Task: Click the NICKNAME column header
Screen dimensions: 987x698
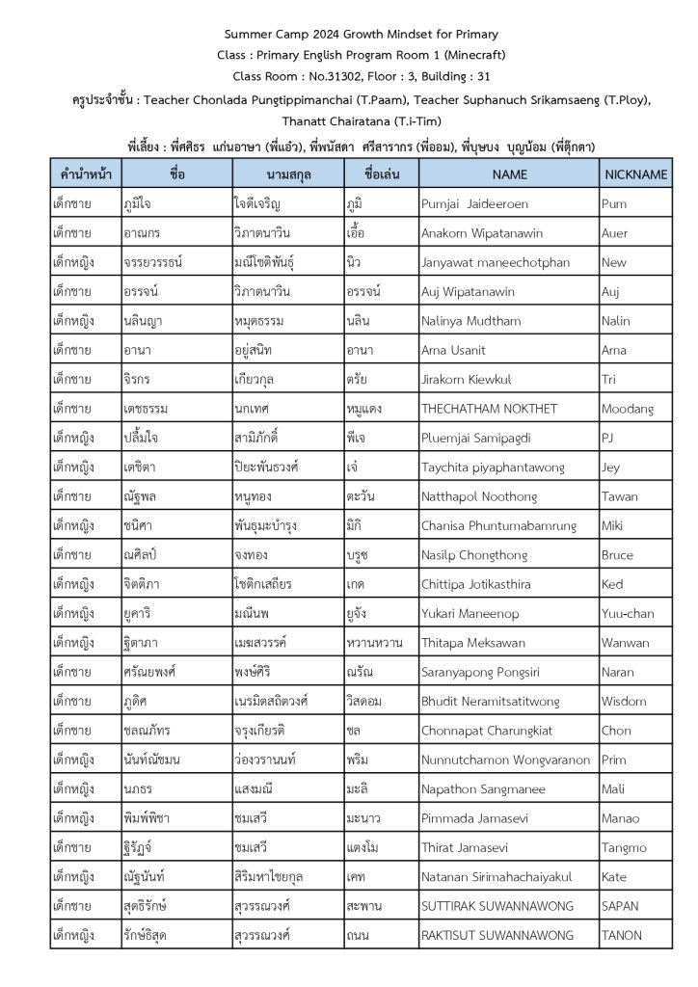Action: (635, 174)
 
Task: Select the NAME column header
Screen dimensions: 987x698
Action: (509, 174)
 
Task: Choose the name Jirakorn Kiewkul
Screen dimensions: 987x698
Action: (466, 380)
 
